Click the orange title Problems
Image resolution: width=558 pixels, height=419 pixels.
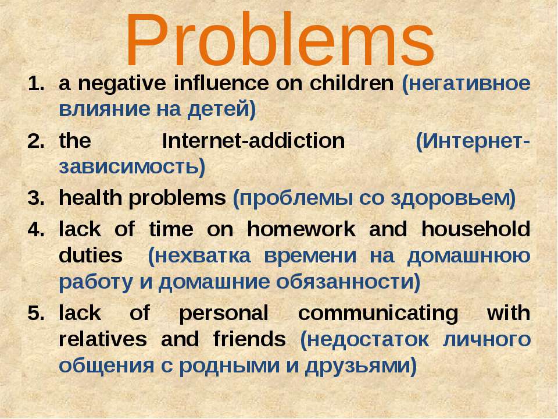click(280, 40)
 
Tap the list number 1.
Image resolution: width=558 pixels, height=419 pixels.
click(36, 84)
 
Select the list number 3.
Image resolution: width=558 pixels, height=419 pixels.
click(36, 198)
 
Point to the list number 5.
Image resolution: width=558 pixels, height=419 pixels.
click(36, 313)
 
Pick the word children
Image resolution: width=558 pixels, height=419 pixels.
click(352, 83)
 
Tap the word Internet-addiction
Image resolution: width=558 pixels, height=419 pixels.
click(253, 141)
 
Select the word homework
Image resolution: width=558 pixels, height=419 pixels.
click(301, 229)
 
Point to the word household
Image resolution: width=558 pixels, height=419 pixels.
click(476, 229)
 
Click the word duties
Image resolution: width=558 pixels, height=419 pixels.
click(91, 255)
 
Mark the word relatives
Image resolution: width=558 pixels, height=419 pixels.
click(103, 339)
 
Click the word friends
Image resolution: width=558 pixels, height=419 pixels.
click(249, 339)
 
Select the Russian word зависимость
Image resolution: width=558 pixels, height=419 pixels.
click(128, 167)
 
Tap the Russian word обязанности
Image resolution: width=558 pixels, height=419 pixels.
click(345, 282)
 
